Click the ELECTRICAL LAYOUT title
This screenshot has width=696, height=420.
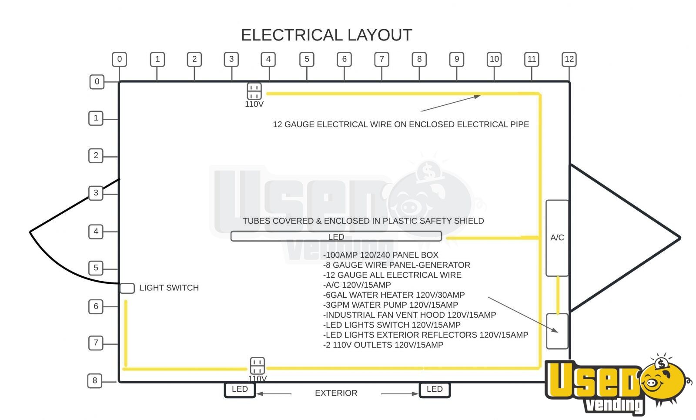327,35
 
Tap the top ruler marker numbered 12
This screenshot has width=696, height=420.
569,59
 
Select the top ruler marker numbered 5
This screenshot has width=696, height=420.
307,59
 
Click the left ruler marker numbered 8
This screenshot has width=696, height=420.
95,380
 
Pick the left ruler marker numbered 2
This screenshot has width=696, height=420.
96,155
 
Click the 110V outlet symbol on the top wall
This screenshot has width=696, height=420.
254,91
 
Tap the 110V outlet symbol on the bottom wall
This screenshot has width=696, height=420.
258,366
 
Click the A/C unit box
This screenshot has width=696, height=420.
557,238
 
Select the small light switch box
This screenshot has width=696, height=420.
127,288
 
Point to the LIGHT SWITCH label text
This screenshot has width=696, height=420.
169,288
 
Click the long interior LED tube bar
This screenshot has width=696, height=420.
336,236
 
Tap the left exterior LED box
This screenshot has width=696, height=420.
240,390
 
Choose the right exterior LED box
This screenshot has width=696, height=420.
435,390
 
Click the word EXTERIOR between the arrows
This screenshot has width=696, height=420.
336,393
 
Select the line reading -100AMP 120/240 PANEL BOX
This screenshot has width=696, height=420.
381,255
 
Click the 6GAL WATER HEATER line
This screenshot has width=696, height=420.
394,295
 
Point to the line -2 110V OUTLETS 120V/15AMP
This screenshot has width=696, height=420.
383,345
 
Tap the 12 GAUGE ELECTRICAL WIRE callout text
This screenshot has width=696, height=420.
401,124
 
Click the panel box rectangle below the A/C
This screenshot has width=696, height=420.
557,331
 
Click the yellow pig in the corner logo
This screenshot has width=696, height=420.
663,381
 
